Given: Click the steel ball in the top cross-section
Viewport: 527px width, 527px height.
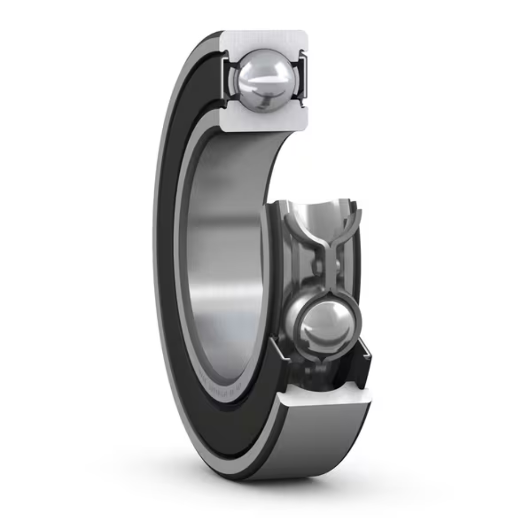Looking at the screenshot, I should click(263, 80).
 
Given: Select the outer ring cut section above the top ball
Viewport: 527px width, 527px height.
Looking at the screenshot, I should click(263, 40).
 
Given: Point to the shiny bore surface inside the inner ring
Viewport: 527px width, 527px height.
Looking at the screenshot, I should click(221, 253).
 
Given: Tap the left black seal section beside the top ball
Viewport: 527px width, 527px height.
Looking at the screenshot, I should click(227, 79).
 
